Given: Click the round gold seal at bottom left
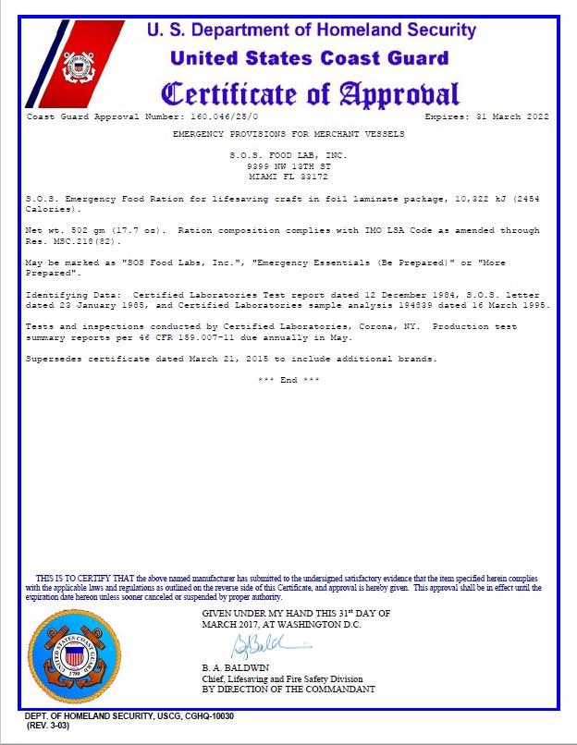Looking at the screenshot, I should point(70,653).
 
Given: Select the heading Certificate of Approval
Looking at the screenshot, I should point(310,93).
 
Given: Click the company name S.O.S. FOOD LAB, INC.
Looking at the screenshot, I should point(288,155).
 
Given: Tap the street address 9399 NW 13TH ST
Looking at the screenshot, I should point(288,165).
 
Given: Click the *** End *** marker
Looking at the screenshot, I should point(288,380).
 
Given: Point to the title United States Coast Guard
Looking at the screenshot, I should point(310,58).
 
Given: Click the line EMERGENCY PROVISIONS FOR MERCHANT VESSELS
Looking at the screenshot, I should point(288,134).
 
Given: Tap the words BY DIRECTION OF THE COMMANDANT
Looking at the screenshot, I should point(288,690).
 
